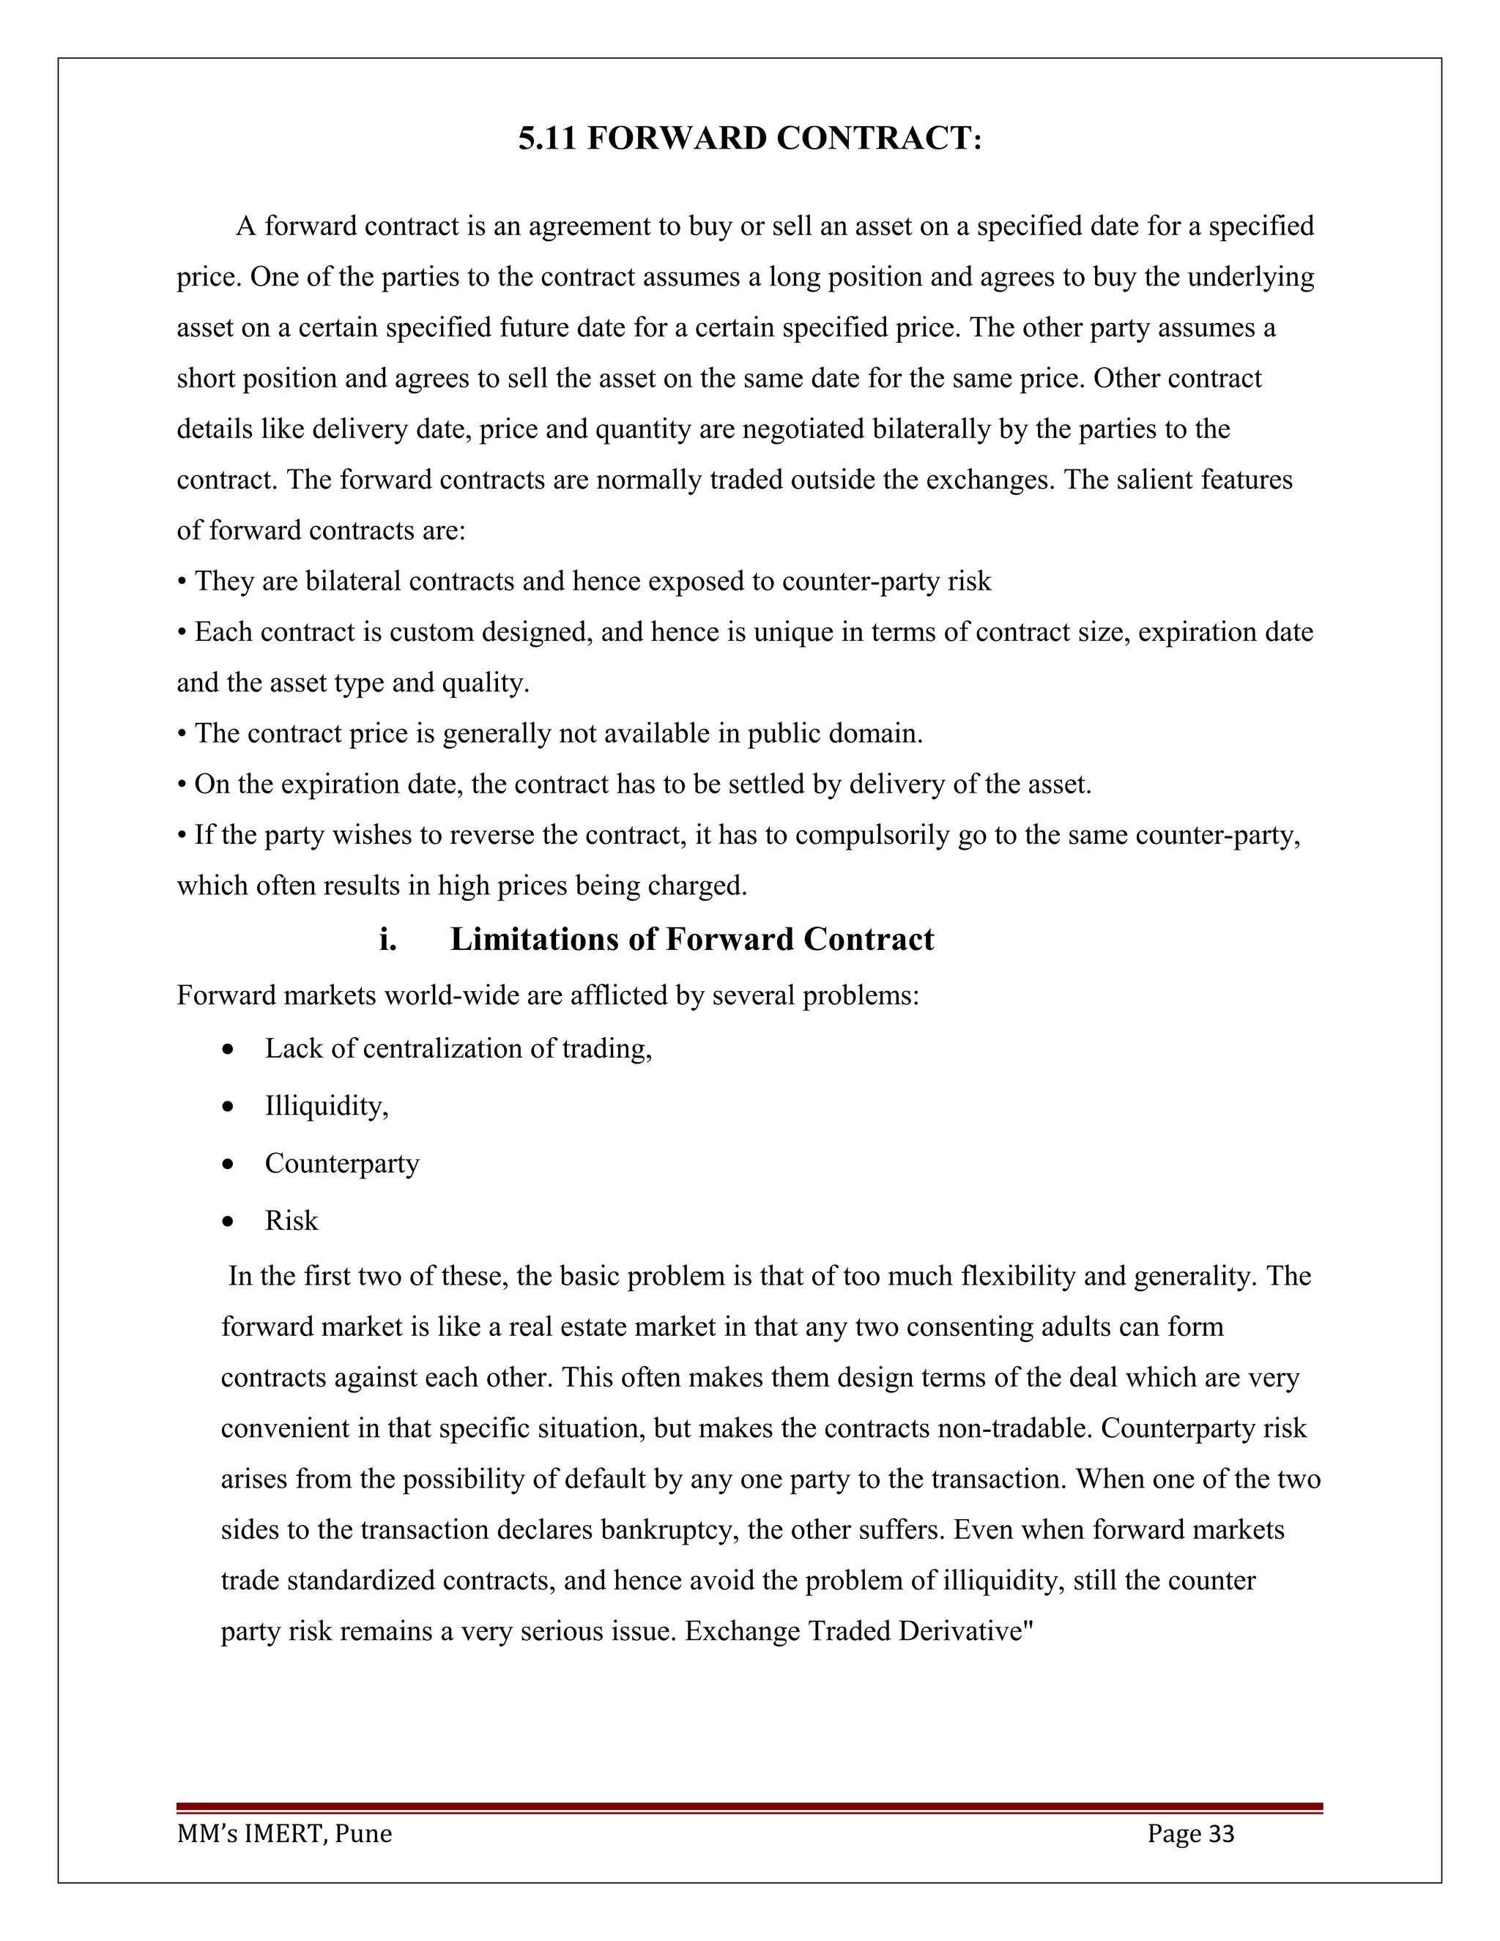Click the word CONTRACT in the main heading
tap(878, 138)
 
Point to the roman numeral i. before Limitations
tap(387, 940)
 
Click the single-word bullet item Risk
tap(291, 1220)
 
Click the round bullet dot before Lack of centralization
tap(229, 1050)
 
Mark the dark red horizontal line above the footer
tap(749, 1807)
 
